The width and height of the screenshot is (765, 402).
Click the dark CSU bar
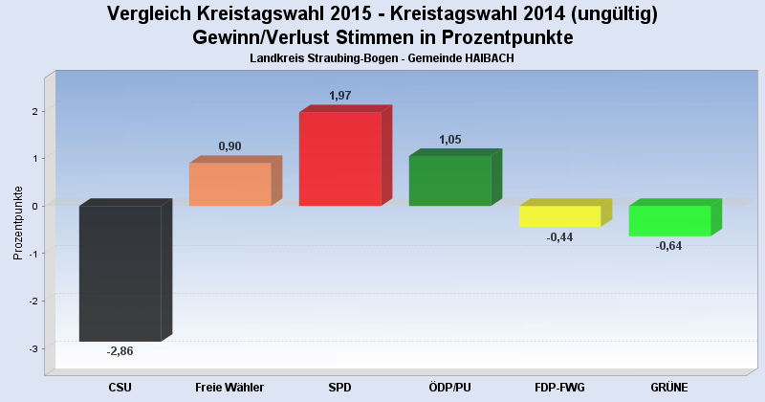pos(120,273)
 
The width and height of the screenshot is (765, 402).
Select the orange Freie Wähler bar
pos(229,184)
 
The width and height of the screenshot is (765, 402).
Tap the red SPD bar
pos(339,159)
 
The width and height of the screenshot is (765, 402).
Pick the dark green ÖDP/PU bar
pos(449,181)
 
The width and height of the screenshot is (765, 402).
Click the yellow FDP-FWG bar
pos(559,216)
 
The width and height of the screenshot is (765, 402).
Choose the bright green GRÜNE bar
pos(669,220)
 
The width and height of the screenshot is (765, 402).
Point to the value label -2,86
pos(120,351)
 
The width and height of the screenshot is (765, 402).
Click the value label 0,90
pos(229,146)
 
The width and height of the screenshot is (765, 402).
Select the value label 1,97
pos(340,96)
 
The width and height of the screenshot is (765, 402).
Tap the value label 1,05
pos(449,140)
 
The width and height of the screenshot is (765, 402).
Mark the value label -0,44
pos(559,237)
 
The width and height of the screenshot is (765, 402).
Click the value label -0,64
pos(669,246)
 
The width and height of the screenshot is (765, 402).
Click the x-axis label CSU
pos(120,387)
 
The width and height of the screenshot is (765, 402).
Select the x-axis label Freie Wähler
pos(229,387)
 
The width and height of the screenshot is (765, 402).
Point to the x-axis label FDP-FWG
pos(559,387)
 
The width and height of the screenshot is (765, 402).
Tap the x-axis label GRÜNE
pos(669,387)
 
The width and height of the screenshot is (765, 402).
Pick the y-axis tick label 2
pos(33,111)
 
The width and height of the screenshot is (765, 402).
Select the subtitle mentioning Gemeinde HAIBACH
pos(382,59)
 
